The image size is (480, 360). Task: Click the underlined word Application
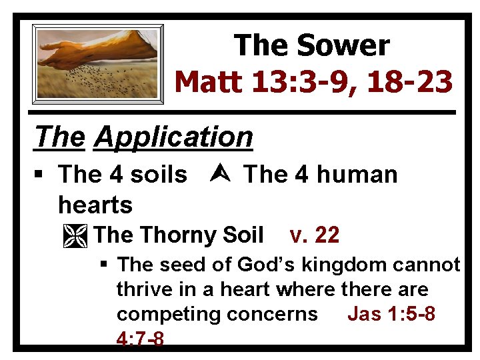pyautogui.click(x=174, y=137)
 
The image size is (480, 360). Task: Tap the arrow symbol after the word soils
pyautogui.click(x=215, y=175)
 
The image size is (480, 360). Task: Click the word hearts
pyautogui.click(x=95, y=205)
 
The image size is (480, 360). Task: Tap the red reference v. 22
pyautogui.click(x=315, y=235)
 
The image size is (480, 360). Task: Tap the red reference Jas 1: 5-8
pyautogui.click(x=391, y=314)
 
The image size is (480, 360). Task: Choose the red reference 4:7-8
pyautogui.click(x=140, y=339)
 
